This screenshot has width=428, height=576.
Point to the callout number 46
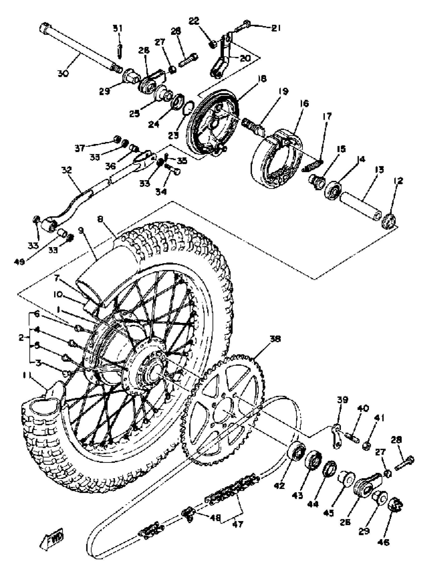pos(384,542)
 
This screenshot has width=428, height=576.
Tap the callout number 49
pos(19,262)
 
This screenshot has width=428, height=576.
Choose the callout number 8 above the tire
pos(100,219)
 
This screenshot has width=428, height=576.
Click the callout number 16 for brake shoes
pos(305,104)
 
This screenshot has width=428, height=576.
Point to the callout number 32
pos(66,170)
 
